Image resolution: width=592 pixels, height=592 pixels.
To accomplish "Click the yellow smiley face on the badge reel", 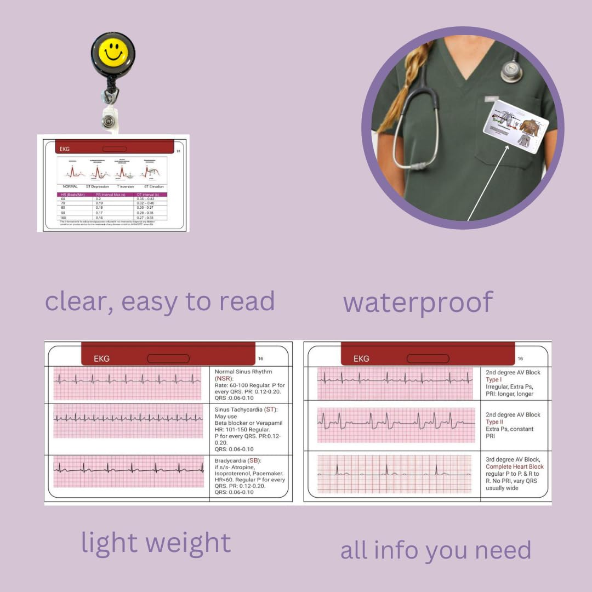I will [x=113, y=52].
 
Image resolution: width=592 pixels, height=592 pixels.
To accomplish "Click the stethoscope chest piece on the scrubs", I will [x=512, y=71].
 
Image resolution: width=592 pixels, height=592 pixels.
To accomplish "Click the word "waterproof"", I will [x=418, y=303].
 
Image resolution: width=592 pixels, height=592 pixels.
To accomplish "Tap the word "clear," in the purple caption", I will [x=79, y=301].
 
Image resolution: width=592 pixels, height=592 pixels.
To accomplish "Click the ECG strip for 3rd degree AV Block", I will [x=394, y=474].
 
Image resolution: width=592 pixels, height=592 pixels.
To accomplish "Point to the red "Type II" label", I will [x=494, y=422].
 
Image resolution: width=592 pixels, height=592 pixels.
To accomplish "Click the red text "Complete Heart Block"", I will [x=515, y=467].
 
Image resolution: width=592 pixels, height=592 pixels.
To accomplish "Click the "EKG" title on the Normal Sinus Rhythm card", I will [x=101, y=358].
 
